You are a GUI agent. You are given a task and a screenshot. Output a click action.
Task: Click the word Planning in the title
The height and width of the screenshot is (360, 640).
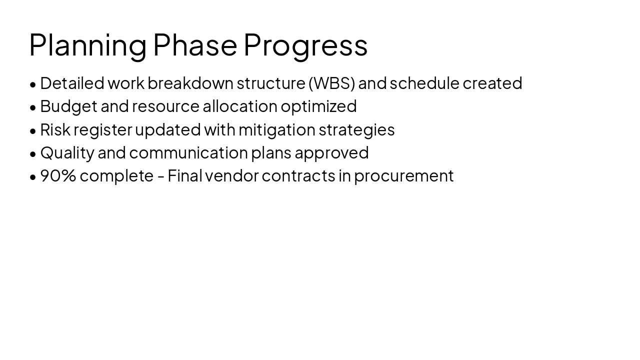(88, 45)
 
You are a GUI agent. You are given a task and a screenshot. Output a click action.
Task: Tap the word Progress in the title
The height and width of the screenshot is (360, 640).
(305, 45)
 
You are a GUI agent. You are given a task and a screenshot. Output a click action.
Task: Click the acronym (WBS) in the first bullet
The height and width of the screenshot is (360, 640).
(331, 83)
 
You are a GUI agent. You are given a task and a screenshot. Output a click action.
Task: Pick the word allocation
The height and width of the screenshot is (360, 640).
(239, 106)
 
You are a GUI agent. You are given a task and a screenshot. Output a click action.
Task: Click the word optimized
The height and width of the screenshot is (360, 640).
(318, 106)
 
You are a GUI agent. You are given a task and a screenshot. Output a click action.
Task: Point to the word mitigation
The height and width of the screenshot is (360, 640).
(276, 129)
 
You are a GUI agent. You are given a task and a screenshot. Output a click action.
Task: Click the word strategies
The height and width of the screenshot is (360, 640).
(356, 129)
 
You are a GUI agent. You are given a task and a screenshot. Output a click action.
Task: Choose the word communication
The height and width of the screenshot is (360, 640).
(188, 152)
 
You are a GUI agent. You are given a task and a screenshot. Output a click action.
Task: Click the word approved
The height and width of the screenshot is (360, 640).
(331, 152)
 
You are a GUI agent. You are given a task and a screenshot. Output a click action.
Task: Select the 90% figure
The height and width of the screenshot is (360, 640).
(58, 176)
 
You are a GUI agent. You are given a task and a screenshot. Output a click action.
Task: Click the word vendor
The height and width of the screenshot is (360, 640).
(231, 176)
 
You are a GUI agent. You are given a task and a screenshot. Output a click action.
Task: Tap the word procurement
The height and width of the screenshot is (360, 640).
(403, 176)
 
